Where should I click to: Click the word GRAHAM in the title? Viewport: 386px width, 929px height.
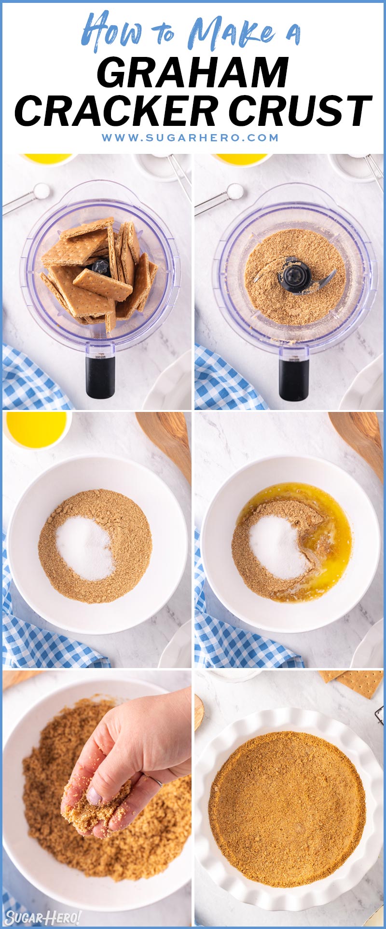[x=193, y=73]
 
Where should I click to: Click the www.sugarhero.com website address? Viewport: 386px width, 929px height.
[x=190, y=137]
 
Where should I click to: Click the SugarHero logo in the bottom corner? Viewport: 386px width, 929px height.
[x=42, y=917]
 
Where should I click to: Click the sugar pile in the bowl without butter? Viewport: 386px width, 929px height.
[x=84, y=548]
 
